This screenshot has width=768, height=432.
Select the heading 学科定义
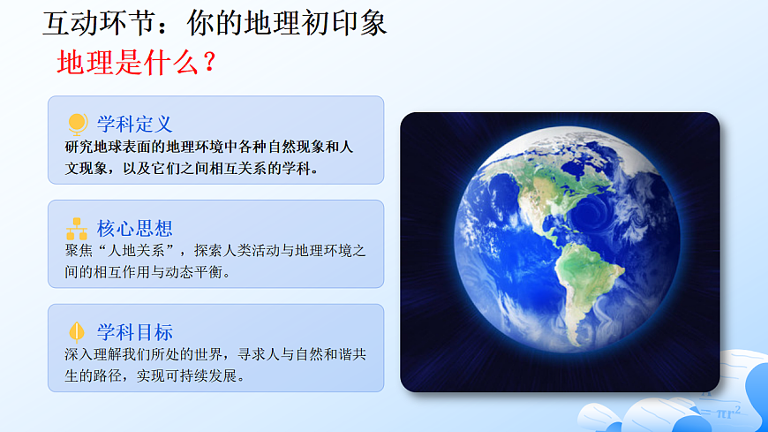pyautogui.click(x=134, y=124)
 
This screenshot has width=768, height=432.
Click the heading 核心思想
pyautogui.click(x=134, y=229)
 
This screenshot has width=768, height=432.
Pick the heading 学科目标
pyautogui.click(x=134, y=332)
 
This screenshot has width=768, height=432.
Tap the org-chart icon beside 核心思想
pyautogui.click(x=77, y=229)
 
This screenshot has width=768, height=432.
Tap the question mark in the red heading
pyautogui.click(x=208, y=63)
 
